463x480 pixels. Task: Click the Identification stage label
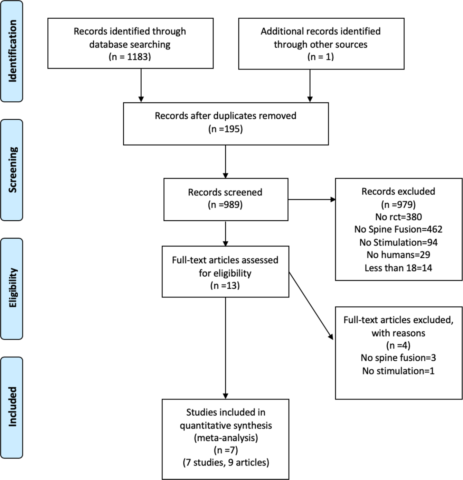(12, 51)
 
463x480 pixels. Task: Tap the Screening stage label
(12, 170)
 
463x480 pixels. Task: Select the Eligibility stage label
(12, 288)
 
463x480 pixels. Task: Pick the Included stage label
(12, 407)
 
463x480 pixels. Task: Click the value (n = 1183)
(130, 57)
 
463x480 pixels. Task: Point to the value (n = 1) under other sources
(321, 57)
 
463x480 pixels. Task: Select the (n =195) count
(225, 129)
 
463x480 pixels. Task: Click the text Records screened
(225, 192)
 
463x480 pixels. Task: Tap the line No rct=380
(398, 217)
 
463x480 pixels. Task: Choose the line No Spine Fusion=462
(398, 229)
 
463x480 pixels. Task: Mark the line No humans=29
(398, 255)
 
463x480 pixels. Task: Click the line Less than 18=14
(398, 268)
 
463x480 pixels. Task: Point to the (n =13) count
(225, 286)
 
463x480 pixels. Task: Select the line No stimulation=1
(398, 371)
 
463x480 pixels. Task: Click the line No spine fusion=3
(398, 358)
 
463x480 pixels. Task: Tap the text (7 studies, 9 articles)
(226, 462)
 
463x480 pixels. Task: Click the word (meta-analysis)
(226, 438)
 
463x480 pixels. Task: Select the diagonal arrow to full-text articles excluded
(311, 306)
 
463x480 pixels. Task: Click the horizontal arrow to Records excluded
(311, 200)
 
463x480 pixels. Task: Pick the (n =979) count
(398, 204)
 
